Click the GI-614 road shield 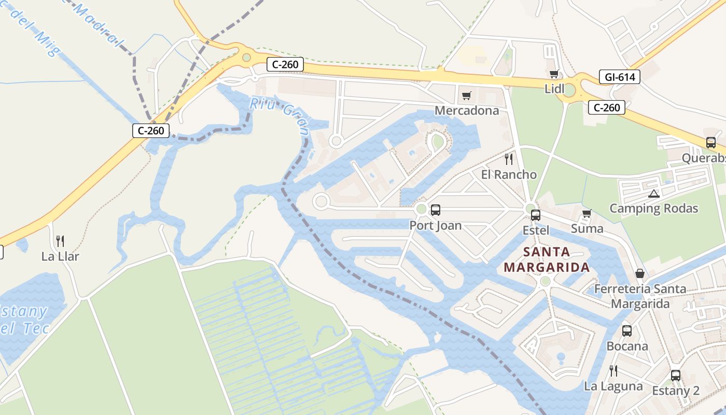(620, 77)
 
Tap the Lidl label (554, 89)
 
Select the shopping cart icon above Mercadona (466, 95)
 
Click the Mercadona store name (467, 110)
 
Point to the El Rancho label (509, 174)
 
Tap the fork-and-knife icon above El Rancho (509, 159)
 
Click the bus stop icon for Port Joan (436, 210)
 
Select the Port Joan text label (436, 226)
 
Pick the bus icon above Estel (536, 215)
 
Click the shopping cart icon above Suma (587, 213)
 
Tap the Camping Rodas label (653, 209)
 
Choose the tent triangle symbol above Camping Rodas (653, 194)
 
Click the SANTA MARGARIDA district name (547, 260)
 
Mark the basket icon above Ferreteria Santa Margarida (640, 273)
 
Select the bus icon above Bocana (627, 330)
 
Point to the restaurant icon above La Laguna (613, 370)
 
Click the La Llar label (60, 256)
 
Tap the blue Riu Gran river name (281, 114)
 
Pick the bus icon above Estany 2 (676, 375)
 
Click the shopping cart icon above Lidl (554, 74)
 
